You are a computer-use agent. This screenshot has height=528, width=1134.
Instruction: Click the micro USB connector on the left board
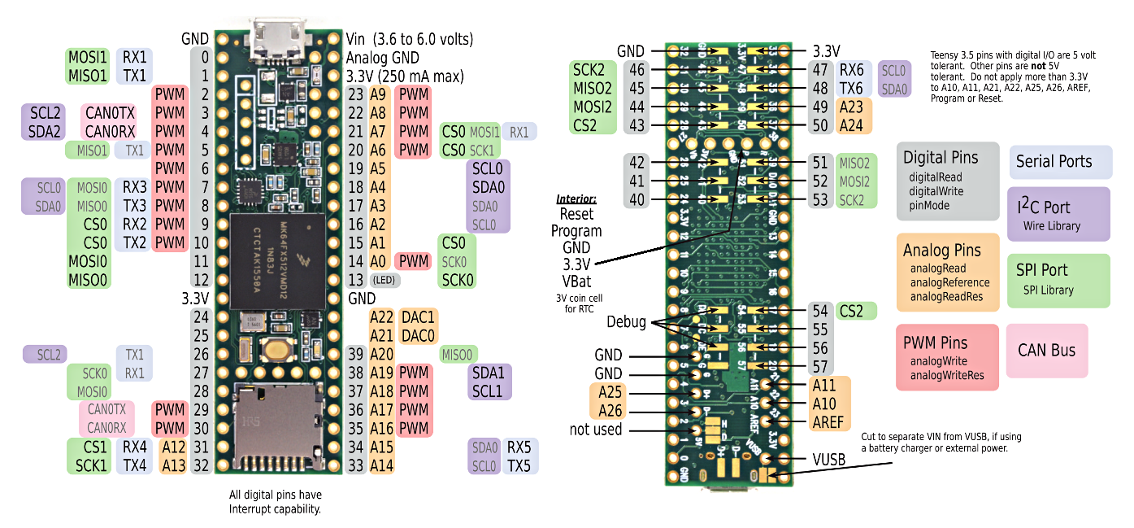(x=278, y=37)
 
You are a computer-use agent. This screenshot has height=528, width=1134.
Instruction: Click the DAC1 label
(x=419, y=316)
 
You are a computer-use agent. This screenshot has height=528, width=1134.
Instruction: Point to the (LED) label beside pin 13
(x=385, y=280)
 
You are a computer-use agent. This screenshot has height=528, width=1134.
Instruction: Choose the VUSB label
(x=829, y=460)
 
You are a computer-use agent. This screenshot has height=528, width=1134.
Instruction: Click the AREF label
(x=828, y=421)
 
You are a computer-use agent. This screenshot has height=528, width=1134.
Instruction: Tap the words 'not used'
(x=596, y=430)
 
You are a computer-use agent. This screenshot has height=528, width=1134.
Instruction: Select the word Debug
(x=626, y=322)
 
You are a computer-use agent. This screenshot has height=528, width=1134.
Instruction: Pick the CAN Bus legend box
(x=1046, y=351)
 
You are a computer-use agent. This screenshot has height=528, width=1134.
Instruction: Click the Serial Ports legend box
(x=1060, y=161)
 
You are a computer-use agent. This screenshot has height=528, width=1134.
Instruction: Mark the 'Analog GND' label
(x=382, y=58)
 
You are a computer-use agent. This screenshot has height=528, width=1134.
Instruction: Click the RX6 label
(x=851, y=69)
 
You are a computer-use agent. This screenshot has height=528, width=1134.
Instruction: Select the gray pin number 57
(x=819, y=367)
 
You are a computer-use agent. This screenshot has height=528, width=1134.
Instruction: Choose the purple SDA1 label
(x=488, y=373)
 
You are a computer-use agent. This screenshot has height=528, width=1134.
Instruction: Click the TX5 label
(x=518, y=465)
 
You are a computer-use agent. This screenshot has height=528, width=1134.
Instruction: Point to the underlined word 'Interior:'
(x=576, y=199)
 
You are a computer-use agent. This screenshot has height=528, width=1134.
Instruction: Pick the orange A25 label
(x=610, y=392)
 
